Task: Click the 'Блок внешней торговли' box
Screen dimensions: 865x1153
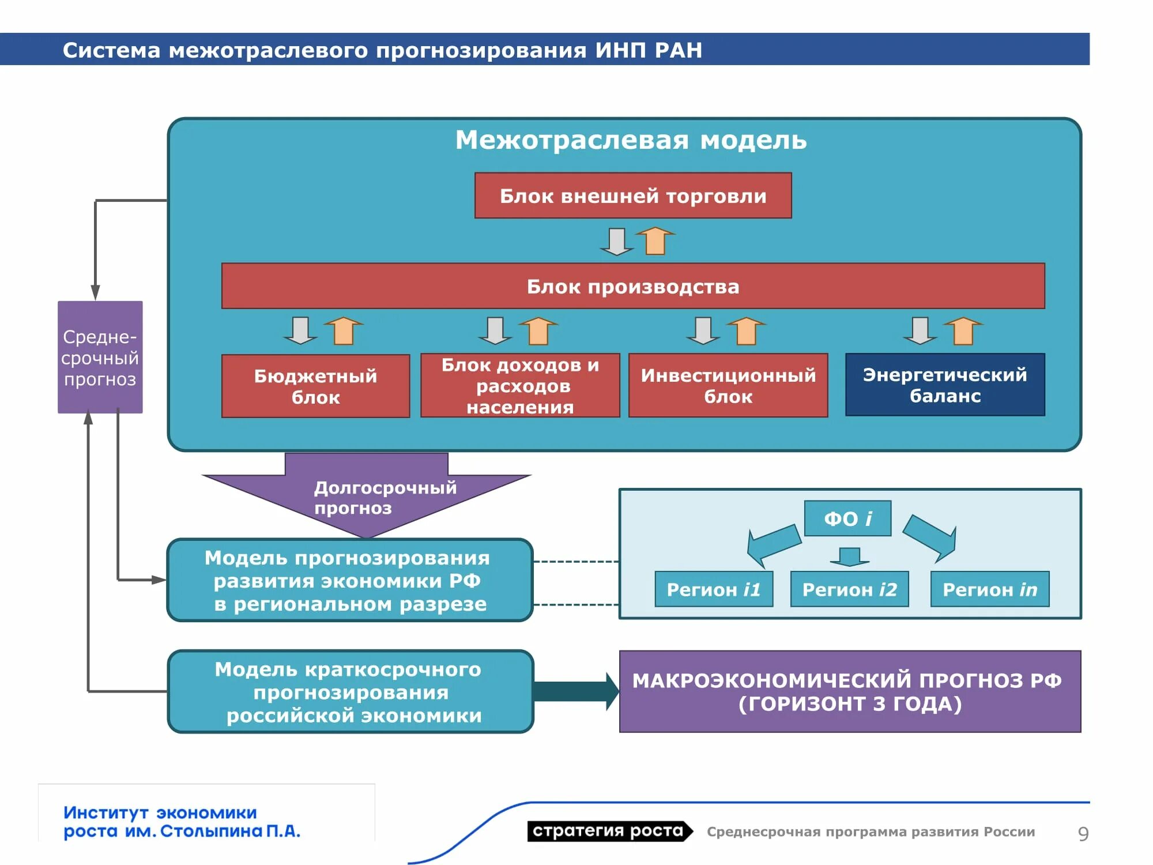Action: point(633,195)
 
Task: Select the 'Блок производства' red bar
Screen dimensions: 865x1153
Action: point(633,286)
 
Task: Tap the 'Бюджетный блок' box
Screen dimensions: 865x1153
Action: point(315,386)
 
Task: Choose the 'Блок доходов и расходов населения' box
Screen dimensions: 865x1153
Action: point(520,385)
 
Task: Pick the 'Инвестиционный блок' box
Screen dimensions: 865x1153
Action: point(728,385)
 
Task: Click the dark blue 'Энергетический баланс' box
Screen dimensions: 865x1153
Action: point(945,385)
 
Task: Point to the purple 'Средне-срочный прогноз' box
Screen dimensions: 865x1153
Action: point(100,357)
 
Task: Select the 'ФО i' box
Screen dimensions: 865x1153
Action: point(847,518)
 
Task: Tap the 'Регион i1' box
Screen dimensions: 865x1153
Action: point(714,589)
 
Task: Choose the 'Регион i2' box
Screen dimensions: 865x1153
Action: point(849,589)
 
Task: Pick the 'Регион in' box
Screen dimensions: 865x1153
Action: point(990,589)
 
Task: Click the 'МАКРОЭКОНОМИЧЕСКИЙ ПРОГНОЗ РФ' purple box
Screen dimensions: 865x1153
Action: point(850,691)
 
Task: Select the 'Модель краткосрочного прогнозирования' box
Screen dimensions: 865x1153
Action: point(351,691)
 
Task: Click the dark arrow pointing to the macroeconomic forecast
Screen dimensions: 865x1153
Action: point(576,691)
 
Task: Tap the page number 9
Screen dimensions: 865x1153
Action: point(1083,833)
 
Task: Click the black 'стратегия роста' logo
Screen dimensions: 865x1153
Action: point(609,831)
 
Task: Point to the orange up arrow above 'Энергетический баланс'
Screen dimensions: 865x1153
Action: point(963,330)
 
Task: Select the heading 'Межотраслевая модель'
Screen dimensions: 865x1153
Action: point(631,140)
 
